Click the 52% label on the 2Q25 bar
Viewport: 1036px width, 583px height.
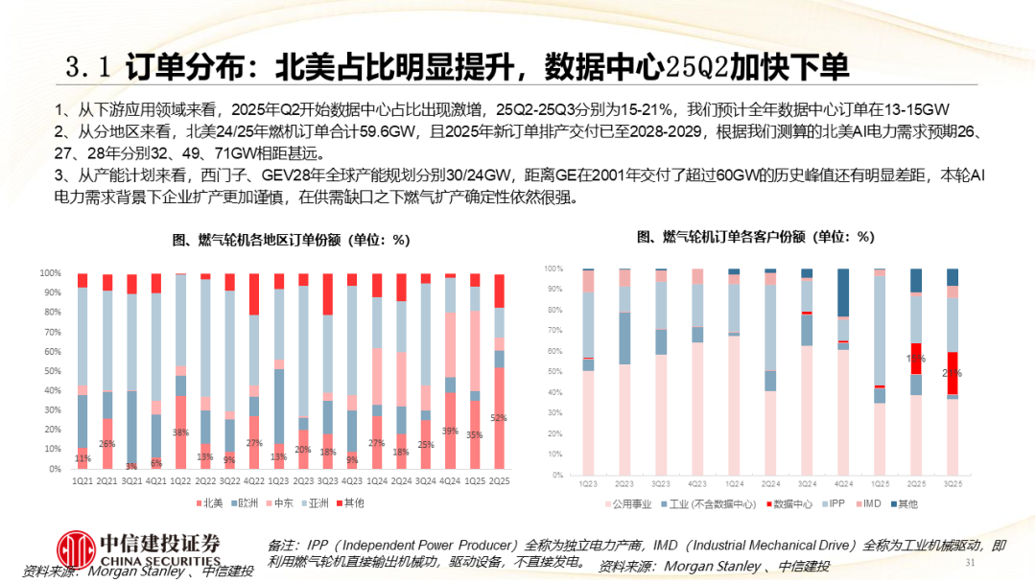tap(499, 418)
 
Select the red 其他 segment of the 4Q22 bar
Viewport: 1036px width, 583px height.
tap(254, 294)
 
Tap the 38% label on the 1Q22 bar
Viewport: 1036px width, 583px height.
tap(180, 431)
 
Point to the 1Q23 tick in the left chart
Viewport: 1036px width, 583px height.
tap(278, 480)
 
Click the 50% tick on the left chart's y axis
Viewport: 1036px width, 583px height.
tap(51, 371)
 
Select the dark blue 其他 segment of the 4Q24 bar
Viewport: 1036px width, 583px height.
tap(843, 292)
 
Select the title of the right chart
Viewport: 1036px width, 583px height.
tap(755, 236)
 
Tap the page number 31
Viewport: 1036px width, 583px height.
tap(969, 562)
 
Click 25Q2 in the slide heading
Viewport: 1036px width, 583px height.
tap(695, 66)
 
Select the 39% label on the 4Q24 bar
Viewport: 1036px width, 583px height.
tap(450, 431)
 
